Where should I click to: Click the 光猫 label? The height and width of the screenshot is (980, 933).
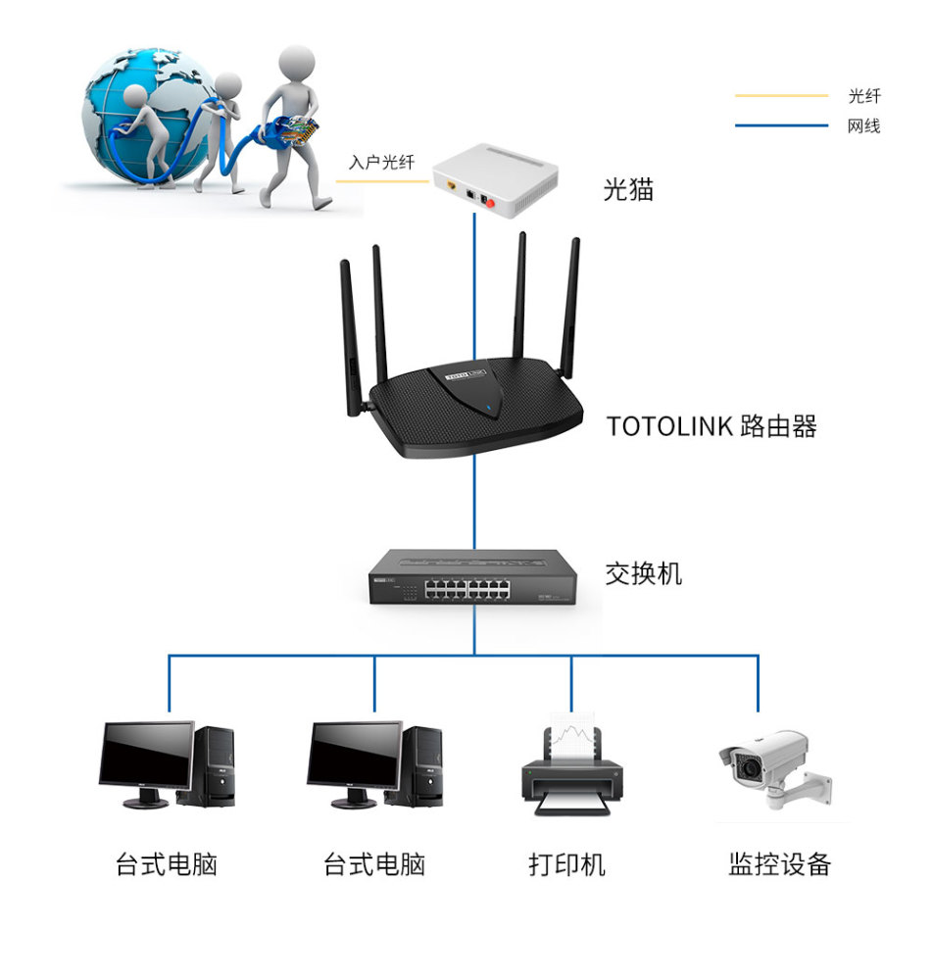(x=628, y=190)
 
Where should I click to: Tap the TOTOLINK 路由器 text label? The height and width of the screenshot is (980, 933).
(x=711, y=426)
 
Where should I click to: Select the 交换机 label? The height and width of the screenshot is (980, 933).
(x=643, y=573)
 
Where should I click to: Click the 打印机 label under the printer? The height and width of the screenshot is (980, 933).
(x=567, y=864)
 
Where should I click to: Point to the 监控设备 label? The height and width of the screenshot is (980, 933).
(x=779, y=863)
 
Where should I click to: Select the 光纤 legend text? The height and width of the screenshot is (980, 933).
(x=864, y=96)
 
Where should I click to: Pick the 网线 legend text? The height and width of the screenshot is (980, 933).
(x=864, y=125)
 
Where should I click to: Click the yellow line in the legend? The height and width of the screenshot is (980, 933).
(x=781, y=96)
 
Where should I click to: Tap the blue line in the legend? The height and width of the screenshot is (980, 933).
(x=781, y=125)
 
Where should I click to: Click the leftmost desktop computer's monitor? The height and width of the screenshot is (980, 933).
(x=145, y=758)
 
